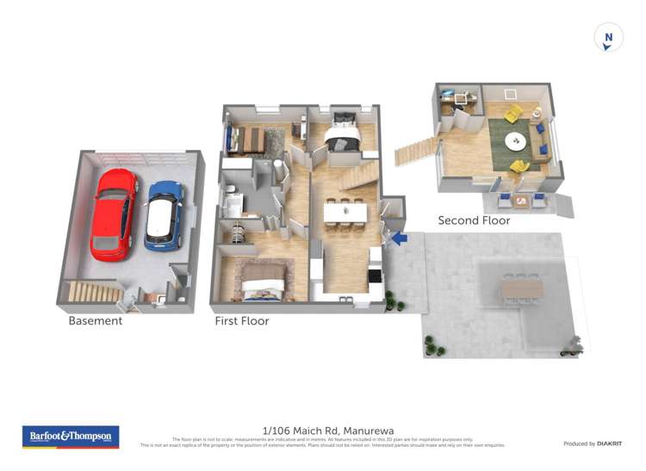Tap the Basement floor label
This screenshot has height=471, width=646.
pos(96,321)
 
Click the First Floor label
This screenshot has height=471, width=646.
pos(242,321)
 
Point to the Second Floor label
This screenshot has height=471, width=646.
pos(474,220)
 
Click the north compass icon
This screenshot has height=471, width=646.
pos(608,39)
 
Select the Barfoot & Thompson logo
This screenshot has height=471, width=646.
pos(70,437)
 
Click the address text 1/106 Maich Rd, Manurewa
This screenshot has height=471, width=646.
pos(321,431)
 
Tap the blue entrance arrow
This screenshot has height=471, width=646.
pos(398,238)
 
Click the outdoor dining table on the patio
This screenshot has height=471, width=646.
pos(521,287)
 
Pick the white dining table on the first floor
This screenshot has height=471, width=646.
pos(345,212)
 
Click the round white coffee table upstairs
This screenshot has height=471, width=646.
pos(517,140)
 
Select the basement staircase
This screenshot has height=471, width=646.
pos(94,293)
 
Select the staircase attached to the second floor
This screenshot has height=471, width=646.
pos(416,152)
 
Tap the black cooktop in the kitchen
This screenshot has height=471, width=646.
pos(375,276)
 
